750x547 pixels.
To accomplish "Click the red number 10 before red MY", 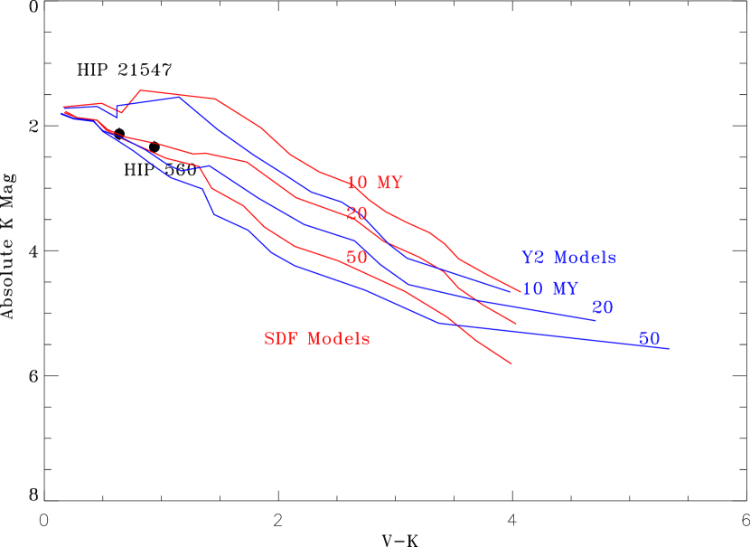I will click(x=357, y=184).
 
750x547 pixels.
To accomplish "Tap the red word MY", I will click(x=389, y=184).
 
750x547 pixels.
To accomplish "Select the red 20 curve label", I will click(x=357, y=214).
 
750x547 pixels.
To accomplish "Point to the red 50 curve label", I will click(x=357, y=258).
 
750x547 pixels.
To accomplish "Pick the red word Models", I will click(x=339, y=339).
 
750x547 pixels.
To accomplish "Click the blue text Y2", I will click(x=533, y=258).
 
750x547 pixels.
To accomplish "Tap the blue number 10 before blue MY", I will click(x=532, y=289).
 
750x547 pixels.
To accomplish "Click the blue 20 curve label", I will click(x=603, y=308).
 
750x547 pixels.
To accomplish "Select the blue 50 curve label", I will click(x=649, y=339).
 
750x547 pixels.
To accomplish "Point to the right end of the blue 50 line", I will click(x=669, y=348).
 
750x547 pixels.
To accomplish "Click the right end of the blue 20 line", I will click(x=595, y=320).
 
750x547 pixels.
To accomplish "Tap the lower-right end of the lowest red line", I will click(x=511, y=363).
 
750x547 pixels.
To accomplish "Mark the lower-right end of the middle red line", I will click(x=516, y=323).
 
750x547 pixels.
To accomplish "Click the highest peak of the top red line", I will click(x=142, y=90).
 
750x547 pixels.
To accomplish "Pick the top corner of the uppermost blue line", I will click(x=179, y=97).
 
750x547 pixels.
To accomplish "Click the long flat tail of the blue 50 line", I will click(x=560, y=335).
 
